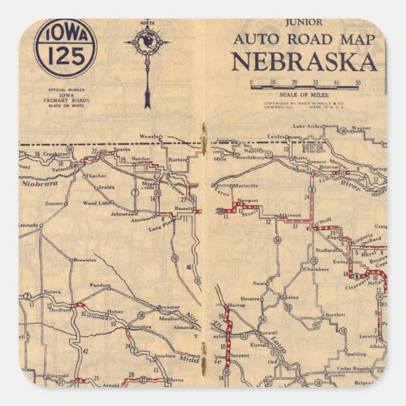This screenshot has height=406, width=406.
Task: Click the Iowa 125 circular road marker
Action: click(66, 49)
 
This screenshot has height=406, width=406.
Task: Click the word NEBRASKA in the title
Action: click(304, 62)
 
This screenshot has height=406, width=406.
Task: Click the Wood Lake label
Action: click(97, 203)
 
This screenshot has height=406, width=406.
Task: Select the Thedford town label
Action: click(60, 310)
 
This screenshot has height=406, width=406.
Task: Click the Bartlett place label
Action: click(335, 314)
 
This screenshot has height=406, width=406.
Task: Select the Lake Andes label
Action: click(308, 127)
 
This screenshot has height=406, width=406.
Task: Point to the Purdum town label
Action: click(100, 286)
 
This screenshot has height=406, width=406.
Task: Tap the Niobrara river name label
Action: click(40, 185)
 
